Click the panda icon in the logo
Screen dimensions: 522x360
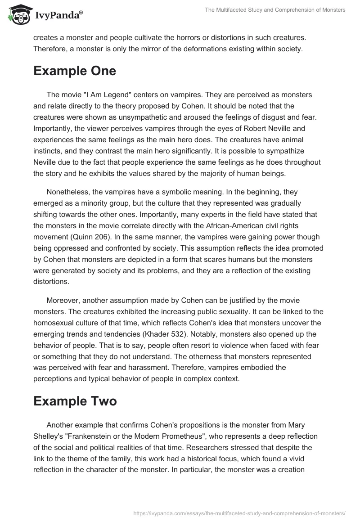coord(18,15)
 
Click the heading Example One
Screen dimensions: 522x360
coord(75,71)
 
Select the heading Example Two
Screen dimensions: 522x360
coord(75,401)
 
